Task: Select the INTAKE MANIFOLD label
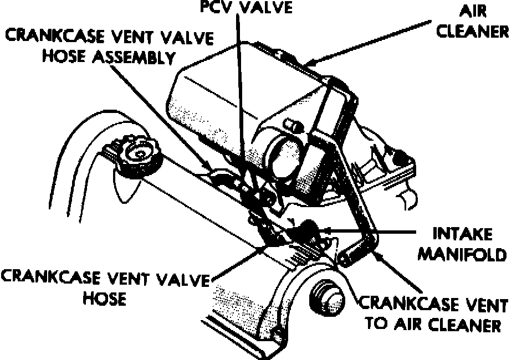(461, 244)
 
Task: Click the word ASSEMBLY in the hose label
(132, 57)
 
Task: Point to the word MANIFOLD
(461, 254)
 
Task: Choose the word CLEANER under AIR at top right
(472, 30)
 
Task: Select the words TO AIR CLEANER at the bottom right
(433, 324)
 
